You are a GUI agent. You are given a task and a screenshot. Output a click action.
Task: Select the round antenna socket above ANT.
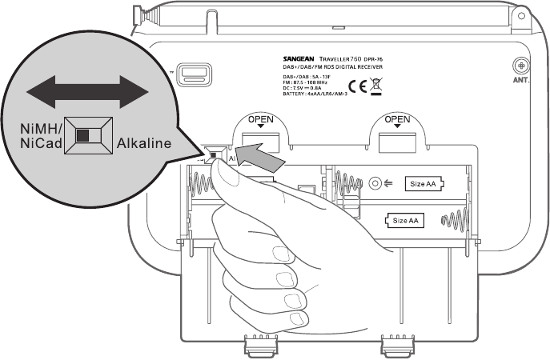[521, 64]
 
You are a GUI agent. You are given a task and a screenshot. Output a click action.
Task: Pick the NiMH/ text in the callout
[41, 128]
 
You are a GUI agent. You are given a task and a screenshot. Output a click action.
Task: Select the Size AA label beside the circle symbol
[424, 183]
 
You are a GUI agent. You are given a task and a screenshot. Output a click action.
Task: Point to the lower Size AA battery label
[403, 220]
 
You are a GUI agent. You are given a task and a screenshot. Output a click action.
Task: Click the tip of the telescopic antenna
[139, 11]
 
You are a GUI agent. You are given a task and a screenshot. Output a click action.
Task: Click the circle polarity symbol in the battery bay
[373, 183]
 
